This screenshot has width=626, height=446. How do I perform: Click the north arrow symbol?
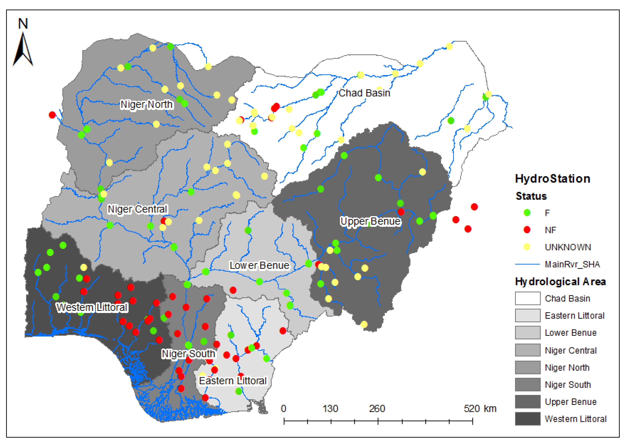click(x=23, y=49)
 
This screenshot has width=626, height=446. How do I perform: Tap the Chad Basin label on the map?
click(x=364, y=93)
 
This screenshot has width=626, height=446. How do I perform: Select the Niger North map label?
click(x=147, y=104)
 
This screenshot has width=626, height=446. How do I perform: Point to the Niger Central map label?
click(x=137, y=209)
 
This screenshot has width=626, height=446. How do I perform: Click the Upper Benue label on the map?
click(x=370, y=221)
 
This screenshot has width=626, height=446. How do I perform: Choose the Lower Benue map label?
click(x=259, y=265)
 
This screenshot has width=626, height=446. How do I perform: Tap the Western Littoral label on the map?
click(x=92, y=307)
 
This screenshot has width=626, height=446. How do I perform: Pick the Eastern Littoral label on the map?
click(x=233, y=381)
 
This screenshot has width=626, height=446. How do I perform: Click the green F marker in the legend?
click(x=527, y=213)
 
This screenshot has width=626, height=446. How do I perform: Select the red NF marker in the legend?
click(x=527, y=230)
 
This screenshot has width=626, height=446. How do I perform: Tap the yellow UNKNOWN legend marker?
click(x=527, y=247)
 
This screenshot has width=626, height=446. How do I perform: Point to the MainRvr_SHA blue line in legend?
click(x=527, y=264)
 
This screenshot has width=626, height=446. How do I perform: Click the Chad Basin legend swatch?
click(x=527, y=298)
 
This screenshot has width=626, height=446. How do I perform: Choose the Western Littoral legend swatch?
click(x=527, y=419)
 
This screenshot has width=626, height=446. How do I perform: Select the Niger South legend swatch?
click(x=527, y=384)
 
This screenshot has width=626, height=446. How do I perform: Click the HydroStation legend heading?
click(x=552, y=179)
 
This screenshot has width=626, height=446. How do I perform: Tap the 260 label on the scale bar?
click(x=377, y=409)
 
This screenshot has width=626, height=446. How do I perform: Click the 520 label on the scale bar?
click(x=471, y=409)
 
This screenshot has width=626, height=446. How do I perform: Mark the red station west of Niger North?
click(x=52, y=115)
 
